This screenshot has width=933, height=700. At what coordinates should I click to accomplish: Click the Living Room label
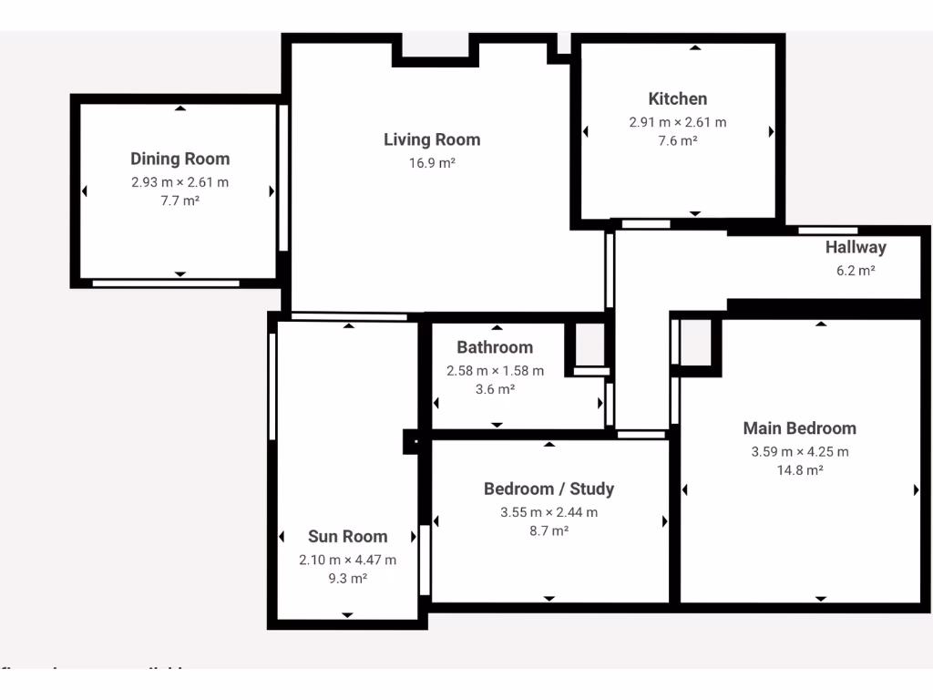point(432,139)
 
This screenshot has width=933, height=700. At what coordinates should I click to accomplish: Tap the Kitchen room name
point(677,98)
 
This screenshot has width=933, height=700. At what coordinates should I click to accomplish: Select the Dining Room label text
point(179,159)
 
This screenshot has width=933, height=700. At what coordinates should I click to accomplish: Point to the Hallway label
point(856,247)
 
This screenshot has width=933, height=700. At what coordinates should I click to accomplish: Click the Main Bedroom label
point(799,428)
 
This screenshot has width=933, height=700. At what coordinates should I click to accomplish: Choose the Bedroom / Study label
point(549,489)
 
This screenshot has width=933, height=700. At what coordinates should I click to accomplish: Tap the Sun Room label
point(347,537)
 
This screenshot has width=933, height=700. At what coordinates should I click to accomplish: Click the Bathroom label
point(495,347)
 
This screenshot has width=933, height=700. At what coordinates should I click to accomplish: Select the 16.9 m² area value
point(432,163)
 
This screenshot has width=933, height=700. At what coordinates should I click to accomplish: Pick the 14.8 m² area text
point(799,470)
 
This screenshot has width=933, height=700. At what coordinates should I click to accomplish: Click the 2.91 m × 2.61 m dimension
point(677,122)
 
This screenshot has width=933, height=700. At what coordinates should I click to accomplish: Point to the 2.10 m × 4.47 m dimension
point(347,560)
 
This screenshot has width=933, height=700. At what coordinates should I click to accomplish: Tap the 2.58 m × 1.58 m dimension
point(495,371)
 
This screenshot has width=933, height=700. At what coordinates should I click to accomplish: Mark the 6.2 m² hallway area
point(856,270)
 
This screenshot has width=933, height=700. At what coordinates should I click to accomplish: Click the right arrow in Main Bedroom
point(916,490)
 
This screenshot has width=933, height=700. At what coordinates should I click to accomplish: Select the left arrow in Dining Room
point(85,191)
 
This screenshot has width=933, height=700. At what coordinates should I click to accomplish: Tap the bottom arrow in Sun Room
point(347,615)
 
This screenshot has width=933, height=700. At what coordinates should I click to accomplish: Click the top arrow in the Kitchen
point(695,47)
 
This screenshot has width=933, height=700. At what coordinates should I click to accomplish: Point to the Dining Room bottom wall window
point(166,283)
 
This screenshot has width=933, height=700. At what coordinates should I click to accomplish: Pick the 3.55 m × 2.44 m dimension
point(549,512)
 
